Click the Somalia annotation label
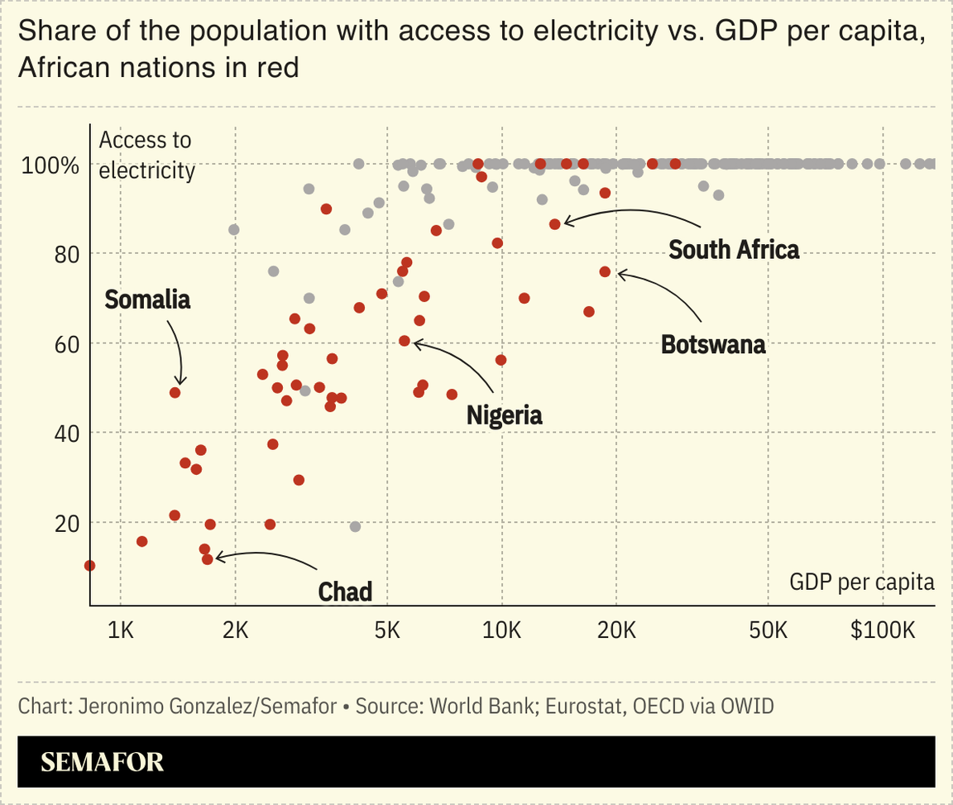(147, 299)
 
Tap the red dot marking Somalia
(175, 393)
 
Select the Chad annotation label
(345, 592)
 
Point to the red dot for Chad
(208, 559)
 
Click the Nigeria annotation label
(504, 414)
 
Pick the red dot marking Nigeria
(405, 341)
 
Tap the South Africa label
(734, 249)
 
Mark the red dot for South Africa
(555, 224)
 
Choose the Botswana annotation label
(713, 344)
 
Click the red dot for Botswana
(605, 271)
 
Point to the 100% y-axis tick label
(50, 165)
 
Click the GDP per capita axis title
(862, 582)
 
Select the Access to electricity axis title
(146, 156)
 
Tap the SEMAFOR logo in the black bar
(102, 762)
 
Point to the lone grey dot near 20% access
(356, 527)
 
